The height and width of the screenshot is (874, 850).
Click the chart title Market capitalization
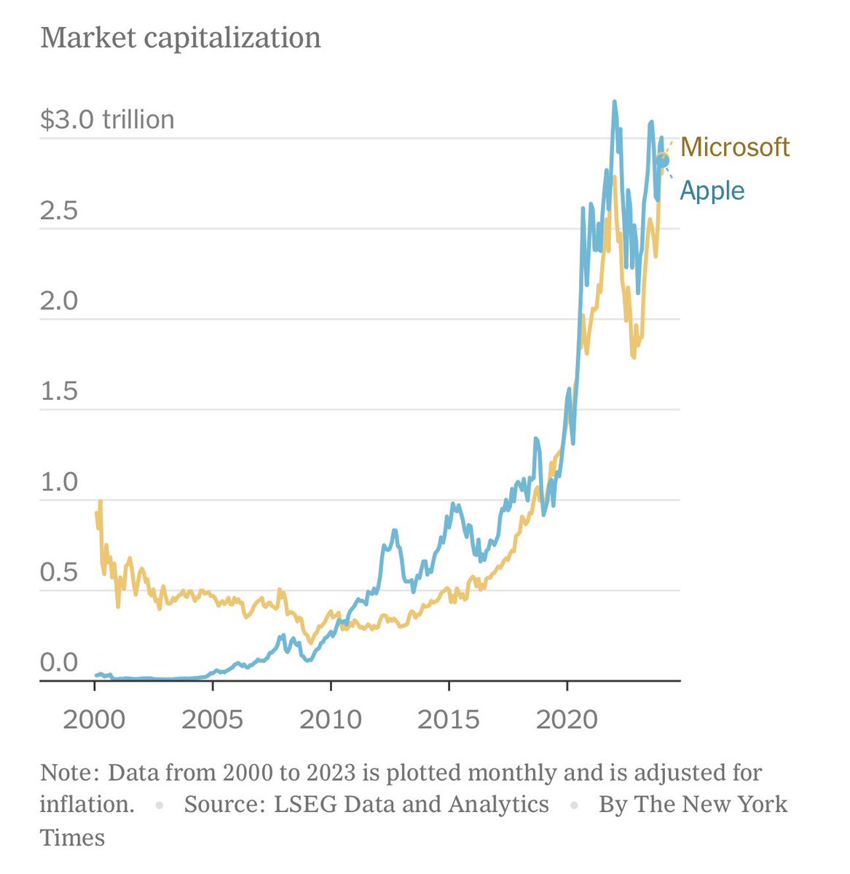point(180,38)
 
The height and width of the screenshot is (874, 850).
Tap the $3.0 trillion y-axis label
point(107,119)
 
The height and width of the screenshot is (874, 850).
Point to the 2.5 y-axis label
point(59,210)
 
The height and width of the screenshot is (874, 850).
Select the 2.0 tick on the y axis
point(59,301)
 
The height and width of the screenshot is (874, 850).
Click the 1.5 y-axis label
point(59,391)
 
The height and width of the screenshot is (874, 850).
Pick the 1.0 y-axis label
point(59,481)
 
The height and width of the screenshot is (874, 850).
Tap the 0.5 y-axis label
point(59,572)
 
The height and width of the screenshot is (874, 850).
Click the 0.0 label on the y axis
point(59,663)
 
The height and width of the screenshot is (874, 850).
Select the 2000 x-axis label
point(95,720)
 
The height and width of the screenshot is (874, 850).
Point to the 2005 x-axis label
point(212,720)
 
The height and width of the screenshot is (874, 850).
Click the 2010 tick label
point(331,720)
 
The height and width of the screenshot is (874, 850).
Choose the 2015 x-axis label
point(449,720)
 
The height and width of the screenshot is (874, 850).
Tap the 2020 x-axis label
point(567,720)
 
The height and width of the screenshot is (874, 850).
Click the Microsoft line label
point(734,147)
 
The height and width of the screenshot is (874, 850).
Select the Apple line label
point(712,191)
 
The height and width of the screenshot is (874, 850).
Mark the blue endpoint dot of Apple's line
point(661,160)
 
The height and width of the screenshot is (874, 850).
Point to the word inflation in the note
point(86,804)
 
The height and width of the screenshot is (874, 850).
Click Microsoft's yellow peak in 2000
point(100,502)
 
